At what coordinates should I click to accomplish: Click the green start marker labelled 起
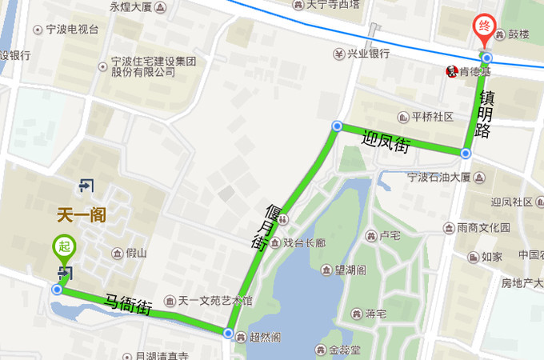(62, 247)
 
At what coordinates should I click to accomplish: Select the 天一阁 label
(82, 214)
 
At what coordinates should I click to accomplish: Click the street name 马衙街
(128, 304)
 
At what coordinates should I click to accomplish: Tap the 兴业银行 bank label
(367, 54)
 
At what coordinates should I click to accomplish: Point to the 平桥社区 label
(431, 117)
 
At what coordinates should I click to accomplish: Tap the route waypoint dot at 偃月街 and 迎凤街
(337, 126)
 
